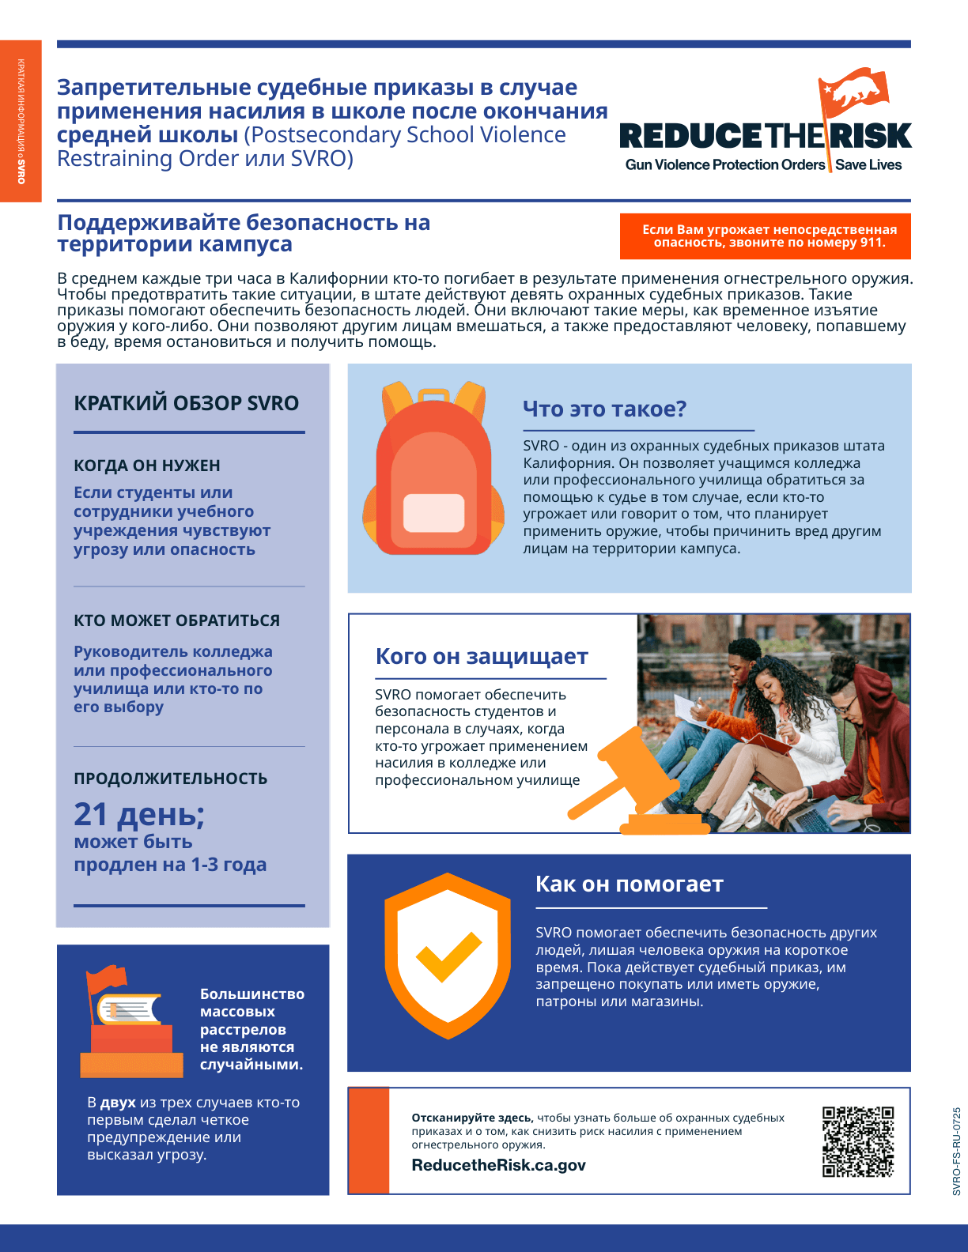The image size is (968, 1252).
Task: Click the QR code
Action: [x=858, y=1141]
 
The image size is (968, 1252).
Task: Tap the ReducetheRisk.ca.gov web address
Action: [x=498, y=1165]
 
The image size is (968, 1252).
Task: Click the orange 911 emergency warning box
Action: [x=766, y=236]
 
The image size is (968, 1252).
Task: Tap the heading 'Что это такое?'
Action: [x=604, y=409]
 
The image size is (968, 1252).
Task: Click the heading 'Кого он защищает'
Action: [x=482, y=656]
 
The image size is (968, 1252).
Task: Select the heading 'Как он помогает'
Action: [x=630, y=884]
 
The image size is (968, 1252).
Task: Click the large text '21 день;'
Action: [x=139, y=814]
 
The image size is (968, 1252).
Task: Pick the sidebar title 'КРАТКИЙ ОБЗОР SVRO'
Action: [x=187, y=403]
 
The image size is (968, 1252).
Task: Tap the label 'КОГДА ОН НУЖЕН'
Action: [x=147, y=466]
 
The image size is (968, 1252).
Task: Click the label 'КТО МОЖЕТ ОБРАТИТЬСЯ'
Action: [x=177, y=620]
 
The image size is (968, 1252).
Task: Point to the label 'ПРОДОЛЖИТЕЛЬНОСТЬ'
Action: [x=171, y=779]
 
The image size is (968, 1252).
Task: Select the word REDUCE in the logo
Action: [x=691, y=136]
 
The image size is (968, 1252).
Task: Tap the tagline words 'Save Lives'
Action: [x=868, y=164]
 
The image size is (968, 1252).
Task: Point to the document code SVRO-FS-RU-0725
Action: [x=957, y=1151]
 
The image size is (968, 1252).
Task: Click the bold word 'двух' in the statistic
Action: [x=118, y=1103]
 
